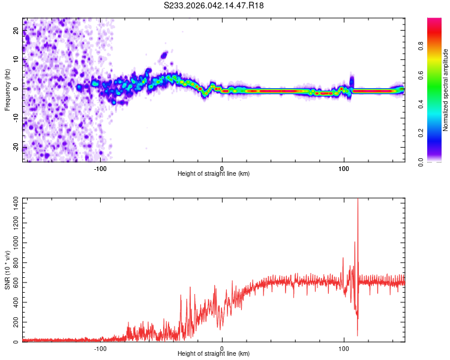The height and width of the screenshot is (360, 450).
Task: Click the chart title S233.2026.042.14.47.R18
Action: coord(214,5)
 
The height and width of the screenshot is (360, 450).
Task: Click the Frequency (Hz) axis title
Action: coord(7,89)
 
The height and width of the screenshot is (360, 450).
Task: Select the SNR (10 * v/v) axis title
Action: coord(7,269)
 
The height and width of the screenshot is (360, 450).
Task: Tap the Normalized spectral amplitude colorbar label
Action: coord(446,89)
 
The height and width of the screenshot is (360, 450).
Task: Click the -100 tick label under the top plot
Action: coord(100,167)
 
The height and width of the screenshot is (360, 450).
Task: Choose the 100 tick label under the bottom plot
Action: coord(344,347)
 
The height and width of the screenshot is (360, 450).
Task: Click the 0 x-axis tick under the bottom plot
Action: coord(222,347)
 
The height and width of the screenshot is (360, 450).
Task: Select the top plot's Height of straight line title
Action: coord(214,174)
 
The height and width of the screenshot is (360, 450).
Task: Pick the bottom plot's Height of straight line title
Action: coord(214,354)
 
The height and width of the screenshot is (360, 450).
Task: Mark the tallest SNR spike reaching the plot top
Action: coord(358,202)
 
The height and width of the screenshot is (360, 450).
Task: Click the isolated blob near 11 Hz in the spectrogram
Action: coord(164,56)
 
